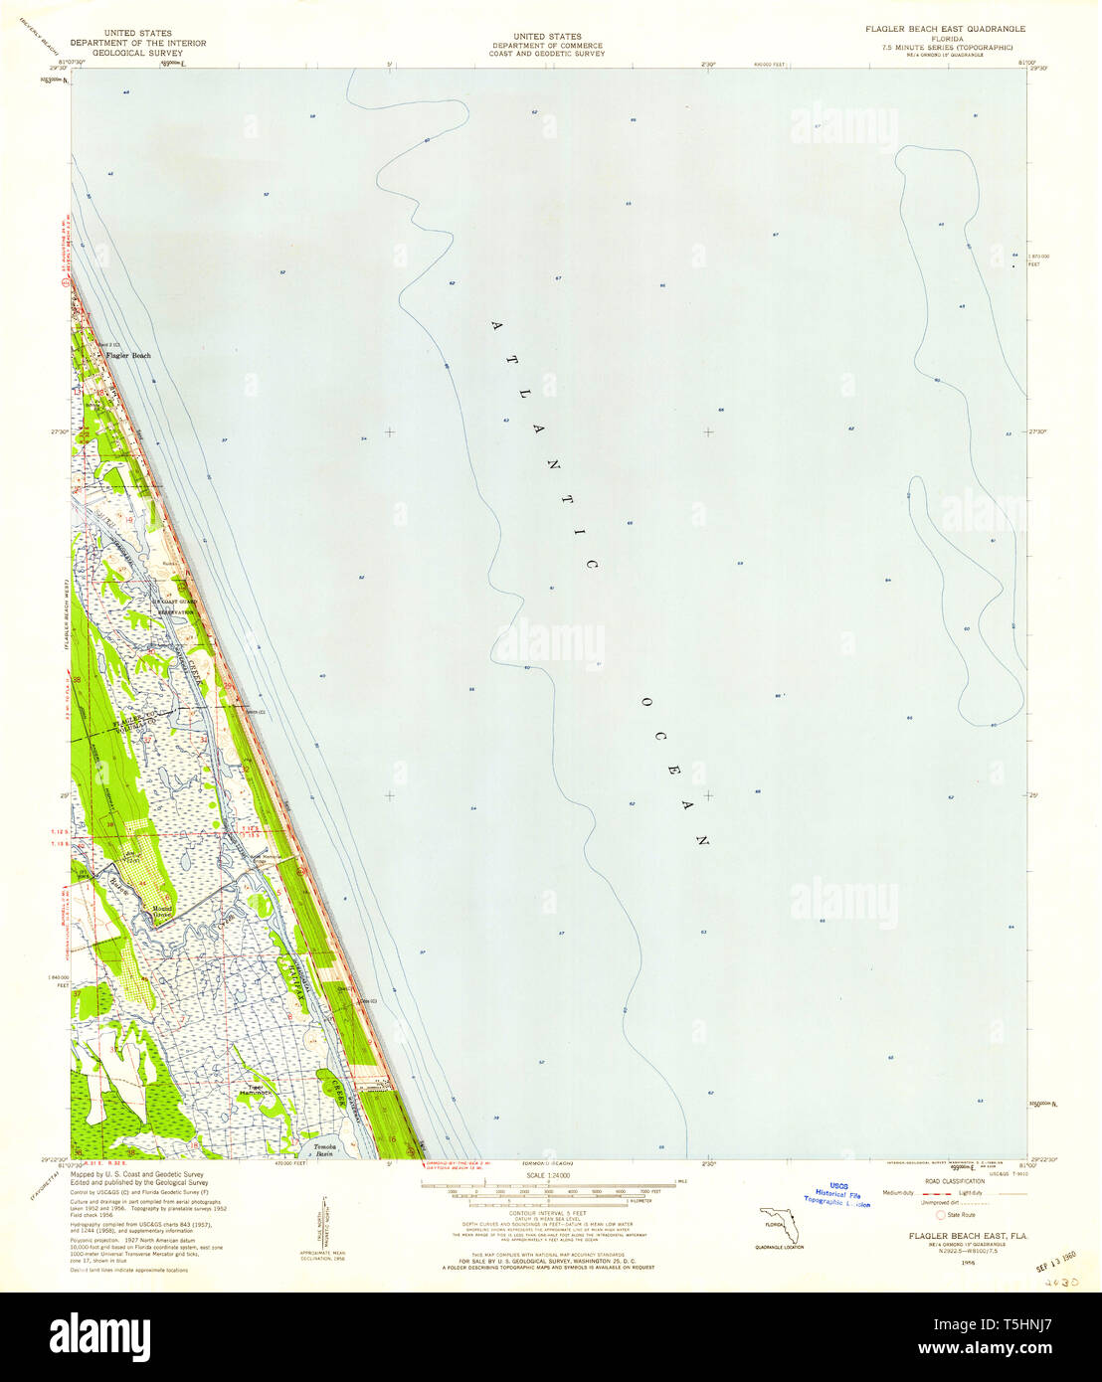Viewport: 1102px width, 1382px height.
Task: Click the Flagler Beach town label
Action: point(128,355)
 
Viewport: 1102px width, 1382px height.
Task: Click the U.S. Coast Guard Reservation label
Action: point(169,607)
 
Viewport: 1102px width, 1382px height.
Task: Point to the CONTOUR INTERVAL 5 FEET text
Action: point(550,1215)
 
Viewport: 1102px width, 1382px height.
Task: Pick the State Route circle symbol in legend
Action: point(940,1214)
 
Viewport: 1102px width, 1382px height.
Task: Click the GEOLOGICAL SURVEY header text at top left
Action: point(137,54)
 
